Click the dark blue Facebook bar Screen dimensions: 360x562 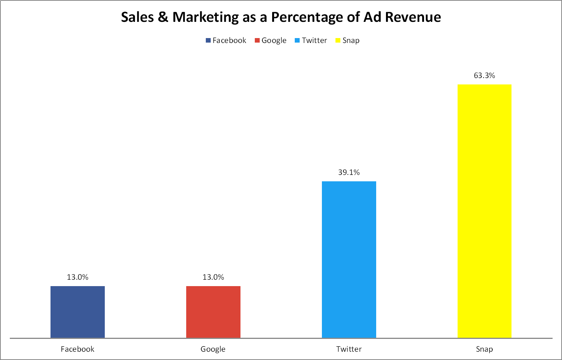click(x=78, y=312)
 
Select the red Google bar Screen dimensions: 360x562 click(x=213, y=312)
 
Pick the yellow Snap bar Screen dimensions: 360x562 click(x=484, y=211)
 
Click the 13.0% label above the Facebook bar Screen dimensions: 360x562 click(x=78, y=277)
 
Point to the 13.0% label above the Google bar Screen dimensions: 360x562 click(x=213, y=277)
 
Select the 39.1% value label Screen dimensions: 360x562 click(x=349, y=172)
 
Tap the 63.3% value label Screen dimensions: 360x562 click(x=484, y=75)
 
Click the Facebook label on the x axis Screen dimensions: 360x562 click(x=78, y=349)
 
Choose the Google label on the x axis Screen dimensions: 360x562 click(x=213, y=349)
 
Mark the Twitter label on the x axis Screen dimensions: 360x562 click(x=349, y=349)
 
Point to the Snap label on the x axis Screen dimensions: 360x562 click(x=484, y=349)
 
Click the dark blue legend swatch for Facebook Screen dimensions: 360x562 click(x=208, y=40)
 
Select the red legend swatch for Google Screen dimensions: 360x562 click(x=257, y=40)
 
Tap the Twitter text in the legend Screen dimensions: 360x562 click(x=314, y=40)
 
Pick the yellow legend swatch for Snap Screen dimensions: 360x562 click(x=338, y=40)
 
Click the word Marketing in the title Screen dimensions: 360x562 click(x=205, y=17)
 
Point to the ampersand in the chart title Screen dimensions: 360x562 click(x=163, y=17)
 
